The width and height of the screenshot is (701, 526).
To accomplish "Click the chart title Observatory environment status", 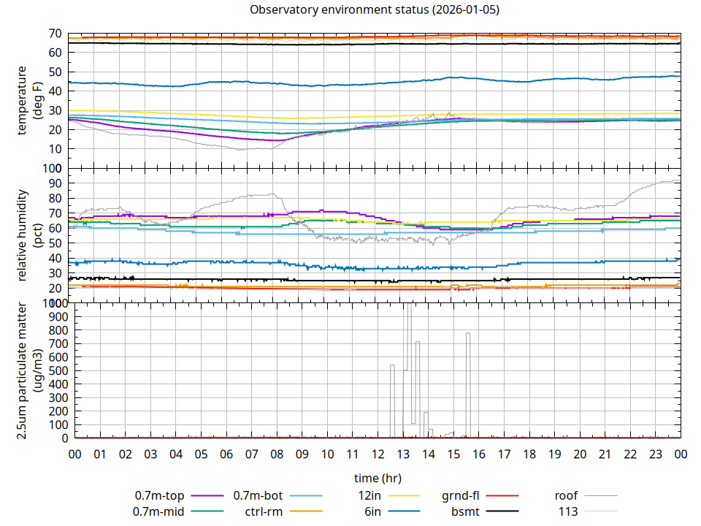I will coord(374,10).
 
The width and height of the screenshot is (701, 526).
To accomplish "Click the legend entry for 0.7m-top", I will coord(159,495).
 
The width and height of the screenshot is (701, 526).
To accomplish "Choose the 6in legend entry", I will coord(372,511).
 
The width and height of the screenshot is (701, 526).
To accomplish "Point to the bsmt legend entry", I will coord(465,511).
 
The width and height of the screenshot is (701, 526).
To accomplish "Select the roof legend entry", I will coord(566,495).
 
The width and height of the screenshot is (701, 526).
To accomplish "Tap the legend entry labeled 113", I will coord(568,511).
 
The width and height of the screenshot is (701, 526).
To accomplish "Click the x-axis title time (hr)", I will coord(378,479).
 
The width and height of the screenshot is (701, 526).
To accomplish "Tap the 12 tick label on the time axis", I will coord(378,454).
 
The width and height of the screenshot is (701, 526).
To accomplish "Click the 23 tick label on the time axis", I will coord(655,454).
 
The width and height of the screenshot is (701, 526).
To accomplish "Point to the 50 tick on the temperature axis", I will coord(55,72).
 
